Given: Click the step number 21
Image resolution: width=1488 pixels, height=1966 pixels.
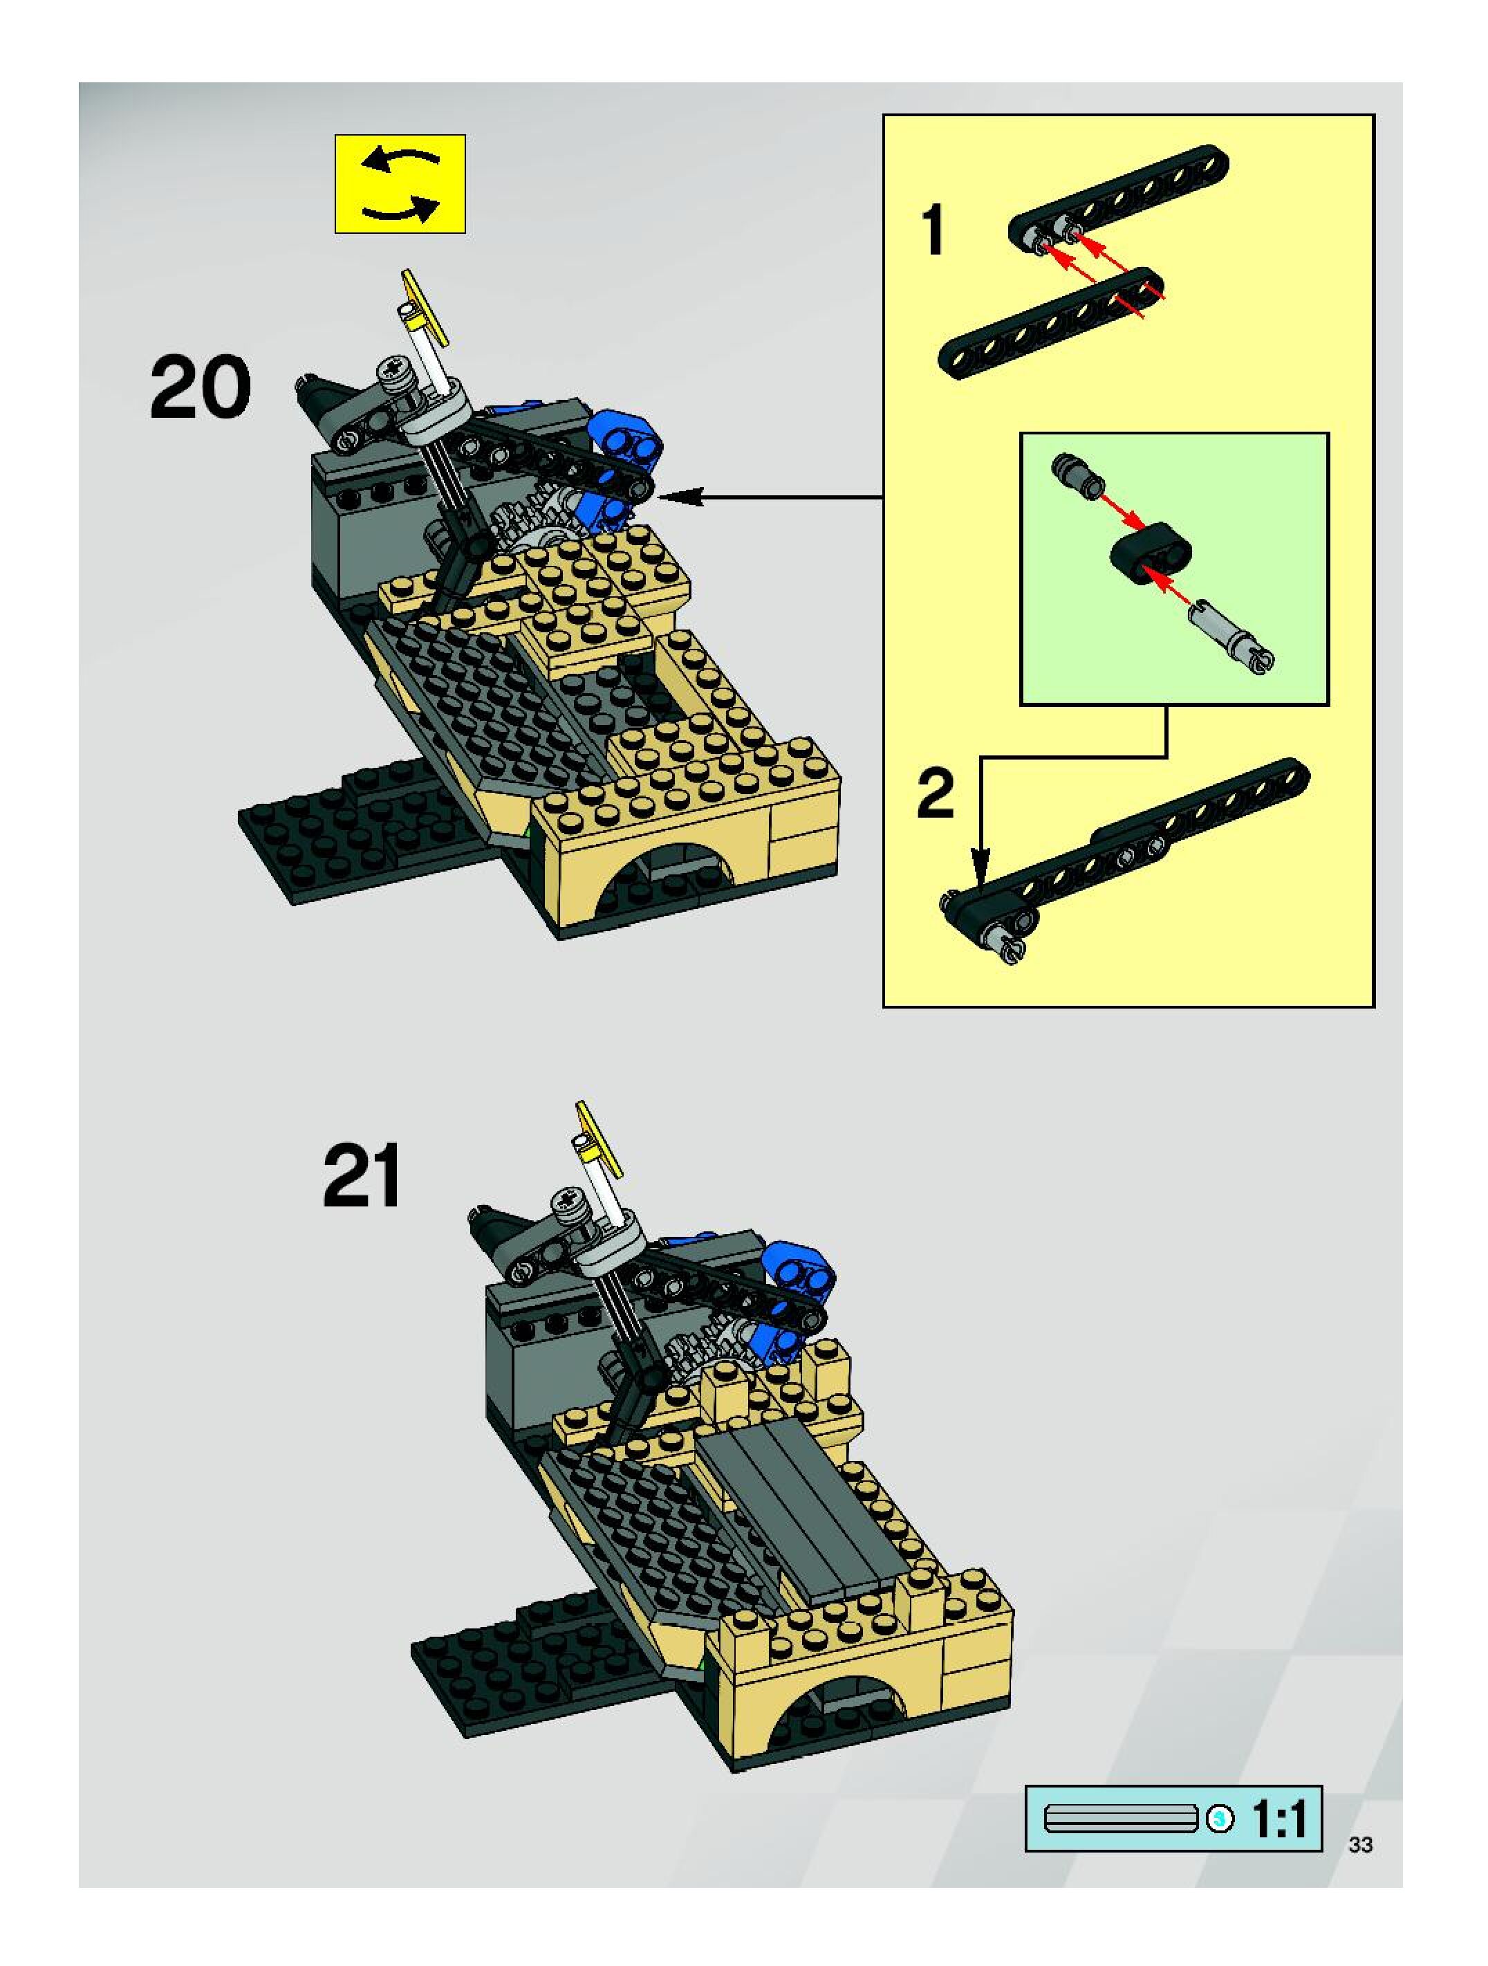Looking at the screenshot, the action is tap(362, 1176).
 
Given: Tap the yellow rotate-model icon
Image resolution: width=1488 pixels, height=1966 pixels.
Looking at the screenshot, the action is tap(400, 184).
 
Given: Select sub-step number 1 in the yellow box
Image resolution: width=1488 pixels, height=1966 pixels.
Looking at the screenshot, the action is tap(933, 229).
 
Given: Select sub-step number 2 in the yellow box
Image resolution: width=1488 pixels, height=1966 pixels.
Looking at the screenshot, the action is tap(936, 793).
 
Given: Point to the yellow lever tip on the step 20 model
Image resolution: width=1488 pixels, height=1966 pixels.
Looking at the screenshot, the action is tap(423, 303).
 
